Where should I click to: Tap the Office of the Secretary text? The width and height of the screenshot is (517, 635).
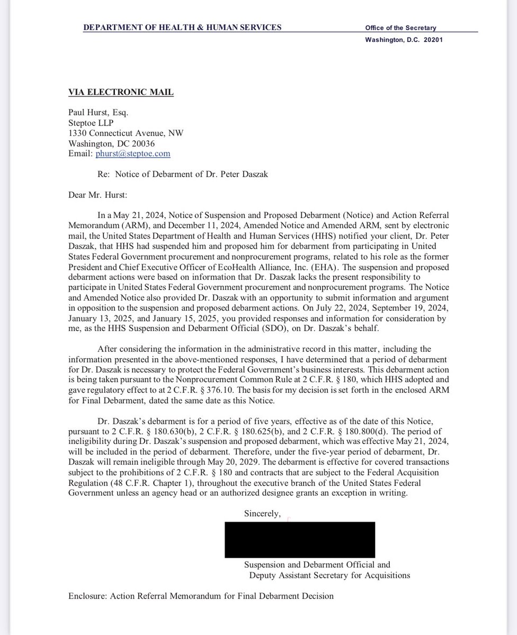(x=401, y=28)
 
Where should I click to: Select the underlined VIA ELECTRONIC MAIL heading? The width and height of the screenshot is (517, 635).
(x=121, y=93)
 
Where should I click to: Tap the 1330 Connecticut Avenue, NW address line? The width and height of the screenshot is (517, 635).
(x=126, y=133)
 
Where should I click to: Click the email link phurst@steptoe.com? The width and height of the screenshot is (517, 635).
(x=133, y=153)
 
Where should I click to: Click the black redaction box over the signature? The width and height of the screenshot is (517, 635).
(x=299, y=539)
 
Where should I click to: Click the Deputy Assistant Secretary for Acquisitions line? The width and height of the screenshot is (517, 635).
(x=329, y=575)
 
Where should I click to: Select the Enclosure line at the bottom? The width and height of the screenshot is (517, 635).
(x=201, y=596)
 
